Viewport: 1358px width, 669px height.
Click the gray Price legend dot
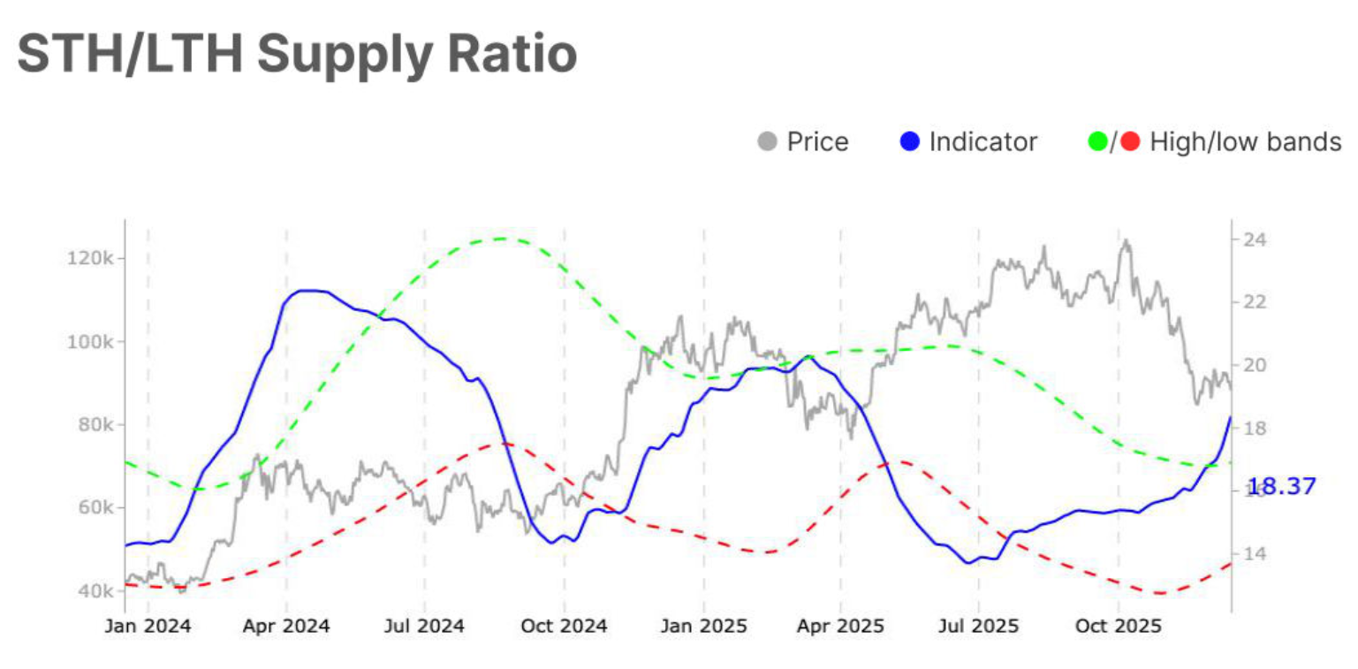coord(769,141)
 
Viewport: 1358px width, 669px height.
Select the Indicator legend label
coord(982,141)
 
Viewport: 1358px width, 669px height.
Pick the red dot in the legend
coord(1131,141)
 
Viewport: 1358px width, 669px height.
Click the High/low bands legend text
coord(1245,141)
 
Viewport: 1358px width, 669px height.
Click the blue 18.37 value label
coord(1281,486)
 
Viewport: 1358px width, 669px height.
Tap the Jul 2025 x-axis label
coord(978,627)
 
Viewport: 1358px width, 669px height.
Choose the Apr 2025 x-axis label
coord(840,627)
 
